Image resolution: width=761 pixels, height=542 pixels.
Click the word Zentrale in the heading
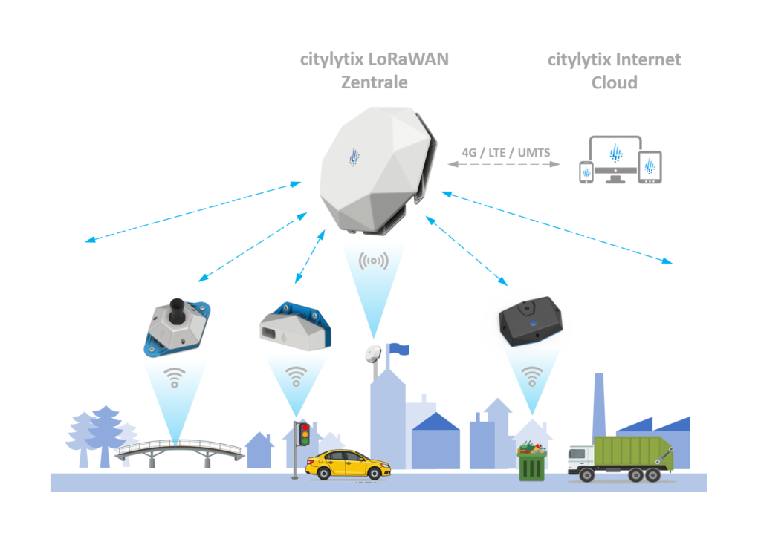point(374,82)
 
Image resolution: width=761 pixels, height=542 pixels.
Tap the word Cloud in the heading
point(614,82)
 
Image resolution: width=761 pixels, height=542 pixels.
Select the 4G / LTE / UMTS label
point(506,153)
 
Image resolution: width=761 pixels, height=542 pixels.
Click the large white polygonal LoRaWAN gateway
point(370,169)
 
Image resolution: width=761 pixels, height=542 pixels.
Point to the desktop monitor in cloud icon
point(614,156)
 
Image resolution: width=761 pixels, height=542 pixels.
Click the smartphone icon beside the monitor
point(586,172)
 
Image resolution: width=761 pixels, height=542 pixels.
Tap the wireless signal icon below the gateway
point(373,260)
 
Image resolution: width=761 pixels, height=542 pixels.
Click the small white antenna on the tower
point(373,353)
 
